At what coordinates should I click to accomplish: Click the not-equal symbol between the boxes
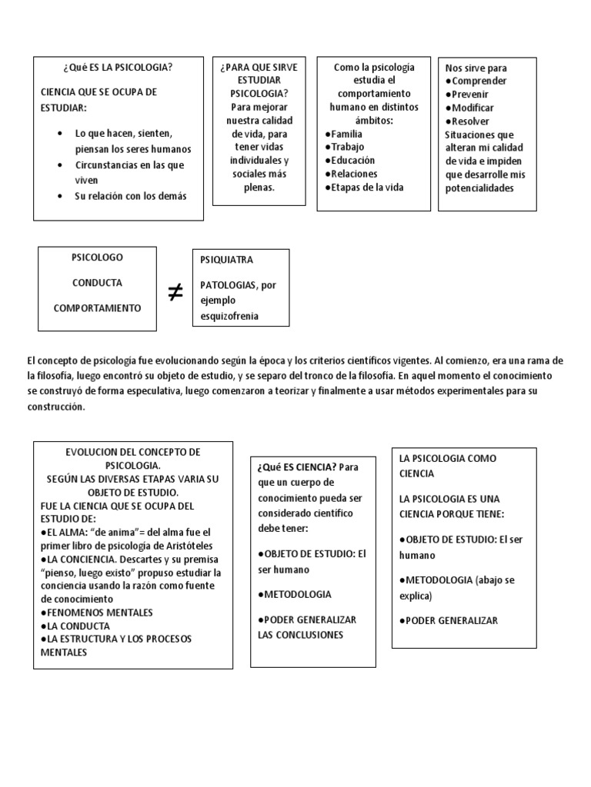click(175, 292)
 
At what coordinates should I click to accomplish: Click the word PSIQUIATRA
click(226, 260)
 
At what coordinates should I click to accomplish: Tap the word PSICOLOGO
click(97, 257)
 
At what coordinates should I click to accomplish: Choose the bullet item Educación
click(350, 160)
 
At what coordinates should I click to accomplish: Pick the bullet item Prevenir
click(470, 95)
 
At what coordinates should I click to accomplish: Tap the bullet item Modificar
click(472, 108)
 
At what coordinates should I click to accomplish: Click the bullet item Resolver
click(469, 121)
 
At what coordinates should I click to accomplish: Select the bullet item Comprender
click(476, 81)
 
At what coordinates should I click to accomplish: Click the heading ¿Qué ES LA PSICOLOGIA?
click(118, 68)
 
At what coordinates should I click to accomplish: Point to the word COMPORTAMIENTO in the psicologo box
click(97, 307)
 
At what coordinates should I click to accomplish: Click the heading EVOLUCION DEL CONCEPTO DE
click(132, 452)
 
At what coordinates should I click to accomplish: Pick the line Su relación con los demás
click(130, 195)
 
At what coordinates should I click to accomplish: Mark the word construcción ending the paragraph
click(53, 407)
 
